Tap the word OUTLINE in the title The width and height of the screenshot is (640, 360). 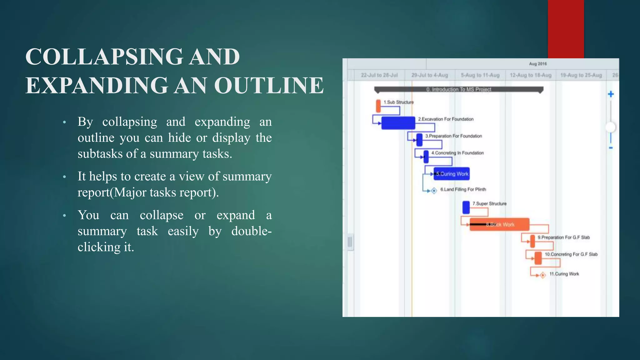269,85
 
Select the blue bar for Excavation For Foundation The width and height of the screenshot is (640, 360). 398,123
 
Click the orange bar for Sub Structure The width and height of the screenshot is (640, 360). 378,106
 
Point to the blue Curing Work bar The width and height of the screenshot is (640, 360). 452,174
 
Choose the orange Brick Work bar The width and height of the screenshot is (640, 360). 499,224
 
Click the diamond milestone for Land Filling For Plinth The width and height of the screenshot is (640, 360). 434,191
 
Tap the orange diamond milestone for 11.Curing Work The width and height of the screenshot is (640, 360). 543,275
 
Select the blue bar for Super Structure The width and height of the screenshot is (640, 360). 466,207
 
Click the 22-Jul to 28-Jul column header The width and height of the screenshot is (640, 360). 379,75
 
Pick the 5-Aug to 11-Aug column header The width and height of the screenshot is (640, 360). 480,75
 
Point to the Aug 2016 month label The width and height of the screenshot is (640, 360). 537,64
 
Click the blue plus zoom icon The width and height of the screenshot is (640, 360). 611,94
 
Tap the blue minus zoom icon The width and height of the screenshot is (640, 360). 611,148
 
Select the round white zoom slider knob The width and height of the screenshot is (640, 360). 611,127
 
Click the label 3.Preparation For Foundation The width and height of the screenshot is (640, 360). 453,136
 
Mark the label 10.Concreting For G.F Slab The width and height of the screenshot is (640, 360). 571,254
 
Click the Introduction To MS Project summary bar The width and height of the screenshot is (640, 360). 459,90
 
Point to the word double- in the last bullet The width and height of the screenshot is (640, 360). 251,231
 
